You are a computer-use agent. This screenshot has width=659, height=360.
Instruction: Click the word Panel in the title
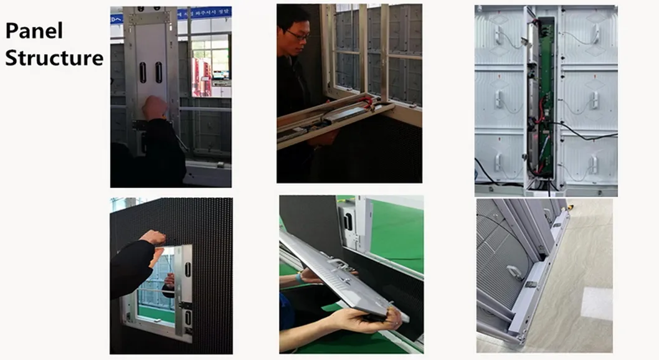[34, 31]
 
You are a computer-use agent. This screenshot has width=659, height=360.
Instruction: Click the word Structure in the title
[54, 58]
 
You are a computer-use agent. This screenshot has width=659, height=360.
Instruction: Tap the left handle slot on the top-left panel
[143, 72]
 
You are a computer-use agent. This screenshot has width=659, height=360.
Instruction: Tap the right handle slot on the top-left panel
[158, 72]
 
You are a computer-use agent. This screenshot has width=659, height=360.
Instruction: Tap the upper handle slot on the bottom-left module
[187, 269]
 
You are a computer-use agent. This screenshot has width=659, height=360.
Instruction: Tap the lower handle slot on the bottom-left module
[187, 318]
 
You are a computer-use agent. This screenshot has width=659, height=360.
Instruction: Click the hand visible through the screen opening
[168, 280]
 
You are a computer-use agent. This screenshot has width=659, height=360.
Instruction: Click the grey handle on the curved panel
[514, 272]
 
